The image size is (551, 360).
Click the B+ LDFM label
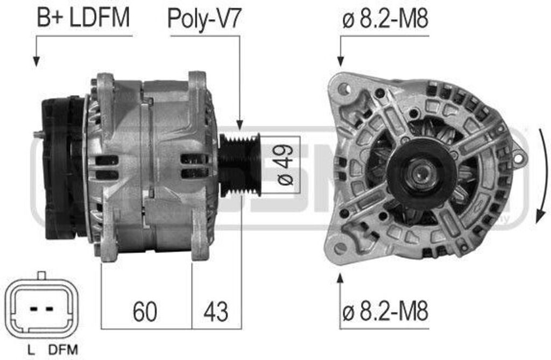[x=83, y=18]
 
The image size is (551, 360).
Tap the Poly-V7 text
[x=204, y=19]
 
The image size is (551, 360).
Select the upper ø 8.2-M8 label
[x=385, y=19]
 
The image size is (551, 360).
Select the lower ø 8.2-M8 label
[x=385, y=310]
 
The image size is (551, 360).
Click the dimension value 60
[x=145, y=311]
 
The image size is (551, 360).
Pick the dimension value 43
[x=215, y=311]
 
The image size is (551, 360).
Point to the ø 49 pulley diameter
[x=285, y=165]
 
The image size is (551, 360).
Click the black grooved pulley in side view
[x=239, y=165]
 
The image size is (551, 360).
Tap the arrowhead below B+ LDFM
[x=36, y=62]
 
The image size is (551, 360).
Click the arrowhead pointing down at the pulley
[x=239, y=124]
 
